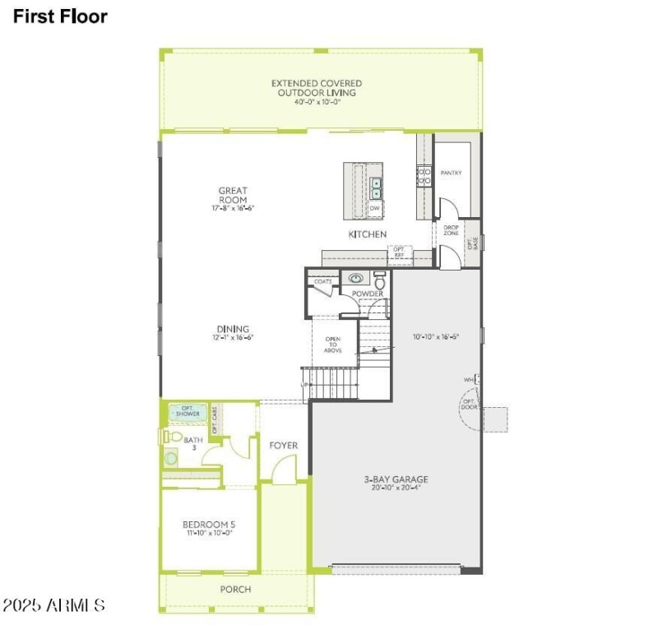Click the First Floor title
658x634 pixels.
pyautogui.click(x=59, y=16)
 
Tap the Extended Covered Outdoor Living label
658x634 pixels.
pyautogui.click(x=317, y=88)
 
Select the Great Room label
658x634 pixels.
pyautogui.click(x=233, y=196)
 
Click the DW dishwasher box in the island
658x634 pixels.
pyautogui.click(x=374, y=210)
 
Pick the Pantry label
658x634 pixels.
pyautogui.click(x=451, y=173)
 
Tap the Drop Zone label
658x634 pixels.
pyautogui.click(x=451, y=231)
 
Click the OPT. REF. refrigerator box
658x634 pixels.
pyautogui.click(x=400, y=253)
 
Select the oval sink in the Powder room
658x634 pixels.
pyautogui.click(x=355, y=279)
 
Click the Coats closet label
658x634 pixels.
pyautogui.click(x=323, y=281)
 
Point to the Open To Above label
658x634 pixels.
pyautogui.click(x=333, y=345)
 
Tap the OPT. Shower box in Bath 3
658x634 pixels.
pyautogui.click(x=188, y=412)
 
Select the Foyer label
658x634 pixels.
pyautogui.click(x=283, y=446)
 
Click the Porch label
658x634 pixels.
pyautogui.click(x=235, y=590)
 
